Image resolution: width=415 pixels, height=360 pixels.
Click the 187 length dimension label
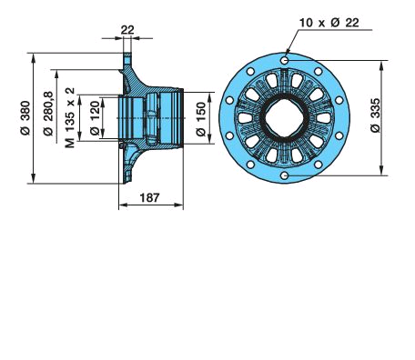pyautogui.click(x=149, y=197)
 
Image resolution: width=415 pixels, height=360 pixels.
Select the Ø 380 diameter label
pyautogui.click(x=25, y=118)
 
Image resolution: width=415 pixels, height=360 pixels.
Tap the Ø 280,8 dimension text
pyautogui.click(x=48, y=113)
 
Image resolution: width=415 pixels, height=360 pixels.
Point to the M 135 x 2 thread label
pyautogui.click(x=70, y=117)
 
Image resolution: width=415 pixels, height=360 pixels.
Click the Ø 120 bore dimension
pyautogui.click(x=95, y=118)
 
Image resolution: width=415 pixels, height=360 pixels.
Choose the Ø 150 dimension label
pyautogui.click(x=200, y=119)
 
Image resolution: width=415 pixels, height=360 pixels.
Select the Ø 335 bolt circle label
pyautogui.click(x=375, y=115)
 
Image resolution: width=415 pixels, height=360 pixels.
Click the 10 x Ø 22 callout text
pyautogui.click(x=329, y=23)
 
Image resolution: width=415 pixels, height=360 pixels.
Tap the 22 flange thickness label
pyautogui.click(x=127, y=30)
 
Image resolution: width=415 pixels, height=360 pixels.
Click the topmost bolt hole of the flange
pyautogui.click(x=285, y=61)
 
